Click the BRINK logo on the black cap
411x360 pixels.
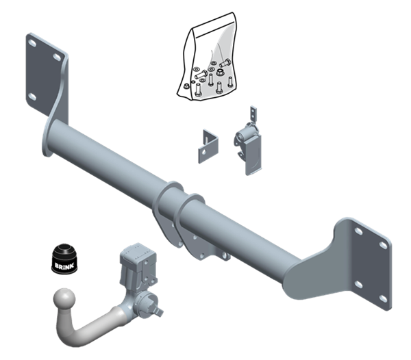[64, 266]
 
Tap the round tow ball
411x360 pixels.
[64, 299]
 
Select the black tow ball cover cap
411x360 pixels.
[64, 259]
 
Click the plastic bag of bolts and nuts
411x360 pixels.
[207, 57]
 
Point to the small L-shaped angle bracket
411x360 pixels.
[208, 146]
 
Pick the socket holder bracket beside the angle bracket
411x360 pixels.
[249, 142]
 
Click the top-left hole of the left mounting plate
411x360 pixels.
[32, 43]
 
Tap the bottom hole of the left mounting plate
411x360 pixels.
[32, 97]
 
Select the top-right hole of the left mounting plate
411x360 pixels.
[57, 57]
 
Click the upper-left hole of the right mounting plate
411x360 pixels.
[358, 231]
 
